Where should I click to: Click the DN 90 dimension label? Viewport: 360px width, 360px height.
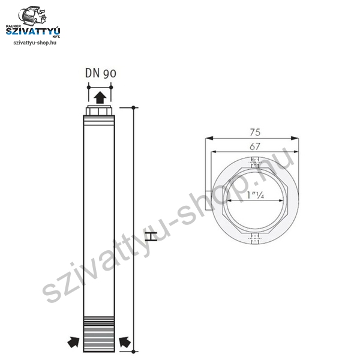point(101,73)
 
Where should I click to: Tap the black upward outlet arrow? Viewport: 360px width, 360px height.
point(100,97)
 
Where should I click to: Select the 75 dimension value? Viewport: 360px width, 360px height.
point(255,132)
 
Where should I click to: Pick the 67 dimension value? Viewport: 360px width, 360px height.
point(255,146)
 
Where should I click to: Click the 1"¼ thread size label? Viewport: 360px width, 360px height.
point(256,195)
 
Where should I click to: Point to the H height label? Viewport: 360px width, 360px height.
point(151,236)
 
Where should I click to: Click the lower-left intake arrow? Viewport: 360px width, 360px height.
point(73,343)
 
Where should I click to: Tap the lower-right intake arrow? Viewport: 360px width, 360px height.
point(125,343)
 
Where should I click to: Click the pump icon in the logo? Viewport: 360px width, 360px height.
point(32,16)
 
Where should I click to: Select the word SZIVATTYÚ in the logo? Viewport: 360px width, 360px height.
point(33,31)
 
